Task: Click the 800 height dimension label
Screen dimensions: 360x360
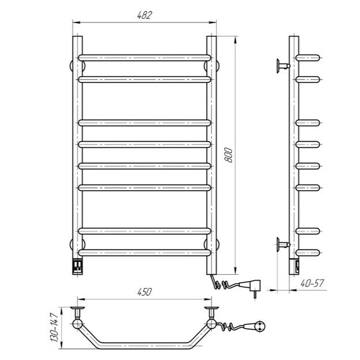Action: [229, 155]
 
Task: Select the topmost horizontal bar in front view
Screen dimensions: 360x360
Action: [144, 58]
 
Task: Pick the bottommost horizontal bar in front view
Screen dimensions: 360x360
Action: [144, 252]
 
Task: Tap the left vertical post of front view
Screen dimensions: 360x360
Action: [77, 150]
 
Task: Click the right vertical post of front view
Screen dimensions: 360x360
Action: [211, 150]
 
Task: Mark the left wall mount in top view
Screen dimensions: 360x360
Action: [77, 317]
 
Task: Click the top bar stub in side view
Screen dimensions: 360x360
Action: [310, 58]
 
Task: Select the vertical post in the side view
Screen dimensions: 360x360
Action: [294, 150]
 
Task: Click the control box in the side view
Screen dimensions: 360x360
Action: [295, 266]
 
